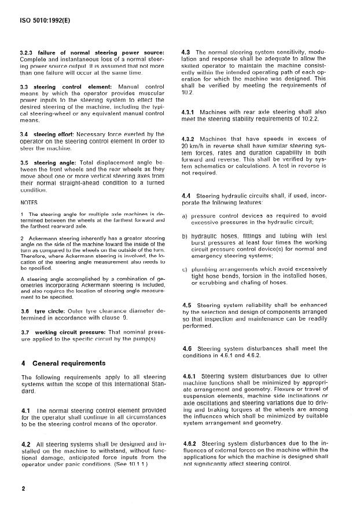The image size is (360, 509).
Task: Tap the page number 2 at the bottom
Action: pyautogui.click(x=23, y=489)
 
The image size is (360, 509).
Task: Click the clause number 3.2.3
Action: pyautogui.click(x=28, y=54)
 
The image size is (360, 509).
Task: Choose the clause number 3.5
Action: pyautogui.click(x=25, y=163)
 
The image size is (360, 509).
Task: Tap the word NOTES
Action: pyautogui.click(x=29, y=203)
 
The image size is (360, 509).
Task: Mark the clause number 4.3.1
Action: pyautogui.click(x=189, y=111)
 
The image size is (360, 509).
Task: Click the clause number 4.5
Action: pyautogui.click(x=187, y=305)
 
